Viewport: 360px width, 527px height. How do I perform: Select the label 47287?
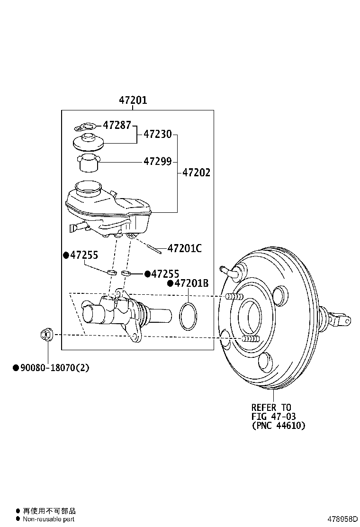click(x=117, y=126)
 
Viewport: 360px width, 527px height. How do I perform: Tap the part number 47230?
click(x=157, y=134)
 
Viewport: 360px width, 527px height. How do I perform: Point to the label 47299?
click(x=157, y=162)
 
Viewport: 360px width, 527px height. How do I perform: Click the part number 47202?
click(x=196, y=173)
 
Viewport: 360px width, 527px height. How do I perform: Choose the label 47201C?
click(x=184, y=248)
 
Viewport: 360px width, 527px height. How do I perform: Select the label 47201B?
click(x=191, y=283)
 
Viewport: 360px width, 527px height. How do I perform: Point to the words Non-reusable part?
click(x=49, y=519)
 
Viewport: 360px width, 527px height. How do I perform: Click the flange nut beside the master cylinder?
click(x=46, y=335)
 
